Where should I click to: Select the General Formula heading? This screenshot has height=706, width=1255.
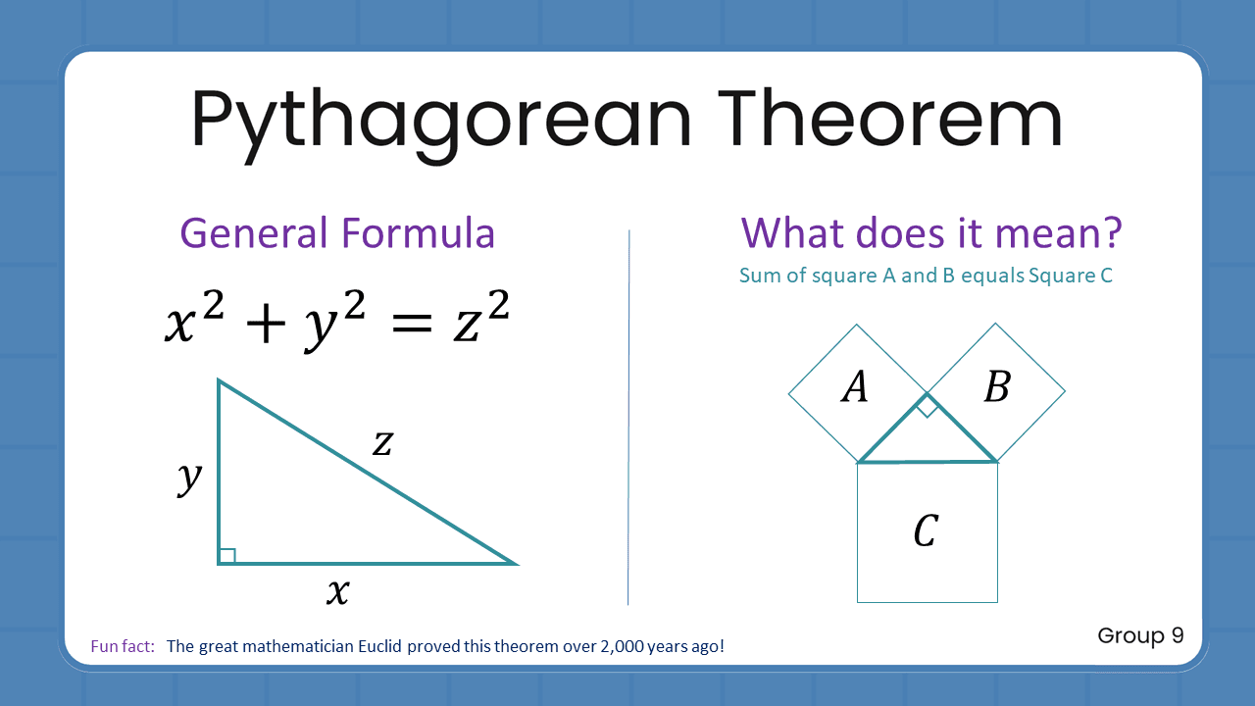coord(337,234)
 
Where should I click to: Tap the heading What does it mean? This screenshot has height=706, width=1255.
coord(930,234)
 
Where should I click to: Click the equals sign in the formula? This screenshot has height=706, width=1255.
coord(405,324)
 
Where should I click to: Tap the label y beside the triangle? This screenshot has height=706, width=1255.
coord(189,478)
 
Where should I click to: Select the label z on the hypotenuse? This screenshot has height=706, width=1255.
coord(382,444)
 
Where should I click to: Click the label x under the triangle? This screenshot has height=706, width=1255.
coord(337,591)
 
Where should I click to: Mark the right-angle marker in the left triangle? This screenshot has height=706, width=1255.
coord(227,556)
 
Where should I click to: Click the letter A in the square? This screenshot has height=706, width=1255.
coord(855,388)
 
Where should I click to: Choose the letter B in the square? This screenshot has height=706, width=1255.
coord(996,388)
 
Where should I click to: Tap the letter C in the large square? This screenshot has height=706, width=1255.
coord(926,531)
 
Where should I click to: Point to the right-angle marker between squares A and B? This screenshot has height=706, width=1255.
coord(927,406)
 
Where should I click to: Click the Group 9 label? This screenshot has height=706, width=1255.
coord(1140,635)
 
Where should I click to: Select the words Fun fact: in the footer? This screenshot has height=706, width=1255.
coord(123,646)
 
